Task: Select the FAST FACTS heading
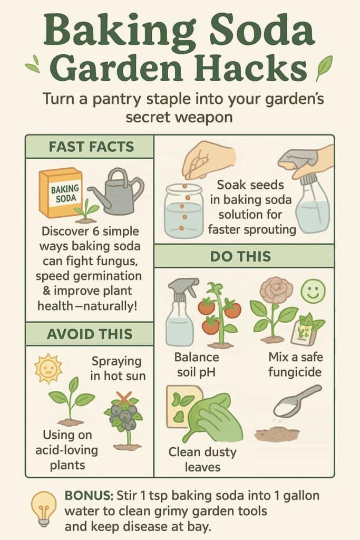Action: tap(89, 147)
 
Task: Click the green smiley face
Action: tap(313, 291)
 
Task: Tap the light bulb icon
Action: tap(44, 507)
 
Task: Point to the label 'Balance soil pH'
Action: tap(197, 364)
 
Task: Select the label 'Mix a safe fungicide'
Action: tap(295, 364)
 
